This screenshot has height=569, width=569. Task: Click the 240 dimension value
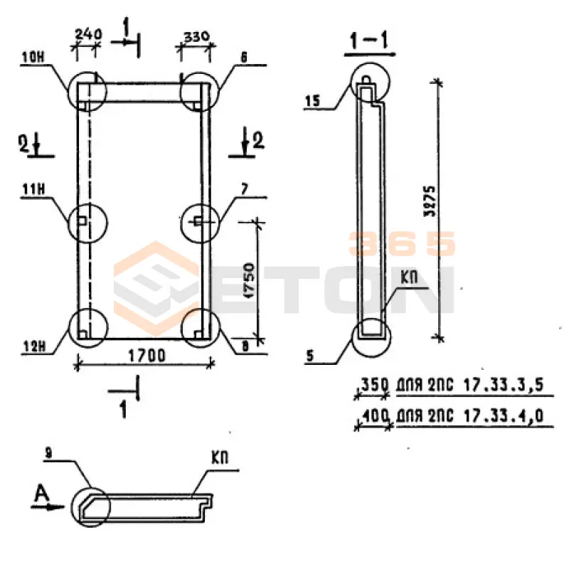[x=88, y=34]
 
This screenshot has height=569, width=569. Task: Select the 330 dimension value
[x=197, y=37]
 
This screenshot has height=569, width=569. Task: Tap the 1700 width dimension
[x=147, y=356]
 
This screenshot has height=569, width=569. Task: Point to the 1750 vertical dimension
[x=250, y=280]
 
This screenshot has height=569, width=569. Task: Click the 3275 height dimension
[x=430, y=201]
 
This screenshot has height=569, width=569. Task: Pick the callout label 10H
[x=33, y=58]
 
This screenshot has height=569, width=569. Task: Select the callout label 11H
[x=33, y=189]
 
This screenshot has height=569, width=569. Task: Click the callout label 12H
[x=34, y=347]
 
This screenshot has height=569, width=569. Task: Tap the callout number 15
[x=313, y=101]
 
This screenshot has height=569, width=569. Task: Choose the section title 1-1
[x=369, y=41]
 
